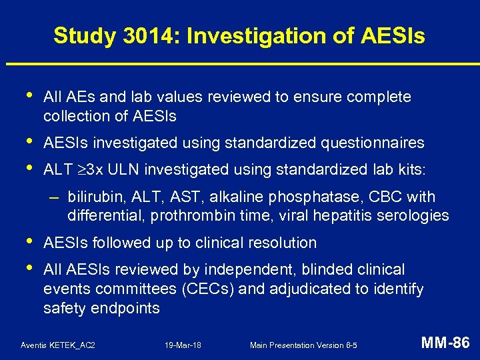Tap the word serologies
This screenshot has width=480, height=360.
pyautogui.click(x=417, y=216)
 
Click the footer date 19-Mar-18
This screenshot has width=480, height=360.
pyautogui.click(x=183, y=345)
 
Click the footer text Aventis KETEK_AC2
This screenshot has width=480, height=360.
pyautogui.click(x=58, y=345)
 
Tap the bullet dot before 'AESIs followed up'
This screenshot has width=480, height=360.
pyautogui.click(x=25, y=241)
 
